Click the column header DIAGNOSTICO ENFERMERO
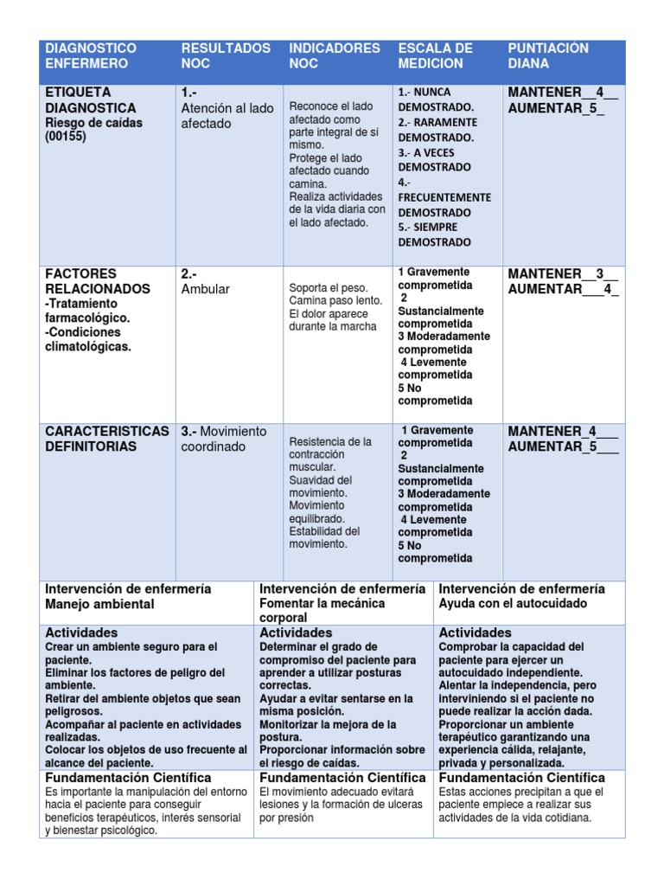click(x=91, y=55)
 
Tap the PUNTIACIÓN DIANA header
click(x=548, y=55)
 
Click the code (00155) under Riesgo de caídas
click(x=66, y=137)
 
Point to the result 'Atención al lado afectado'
click(x=227, y=116)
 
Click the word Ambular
click(x=206, y=289)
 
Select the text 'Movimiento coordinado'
click(x=224, y=439)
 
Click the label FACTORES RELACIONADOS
click(x=98, y=281)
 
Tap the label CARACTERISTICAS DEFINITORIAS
click(x=107, y=439)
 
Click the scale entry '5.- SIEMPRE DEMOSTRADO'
click(x=435, y=234)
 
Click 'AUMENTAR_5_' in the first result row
click(x=557, y=109)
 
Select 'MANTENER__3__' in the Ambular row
click(x=563, y=274)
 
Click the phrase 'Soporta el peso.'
click(x=329, y=288)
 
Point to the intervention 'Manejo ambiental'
click(x=99, y=604)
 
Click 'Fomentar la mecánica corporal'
click(x=322, y=610)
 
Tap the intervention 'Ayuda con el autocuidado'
click(x=513, y=604)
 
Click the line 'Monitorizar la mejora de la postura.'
click(x=329, y=730)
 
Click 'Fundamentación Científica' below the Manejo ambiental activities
click(x=128, y=778)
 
